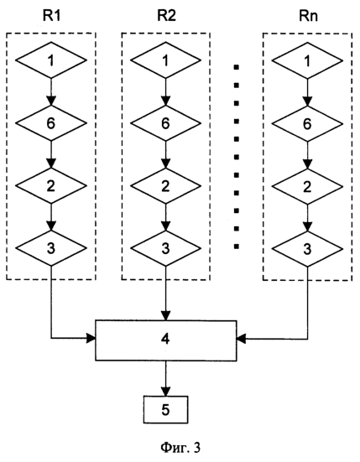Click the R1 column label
tap(51, 16)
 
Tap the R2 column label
tap(166, 16)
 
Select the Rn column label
tap(308, 16)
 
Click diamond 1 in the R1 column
tap(51, 60)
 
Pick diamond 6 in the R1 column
tap(51, 123)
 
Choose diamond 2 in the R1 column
tap(51, 185)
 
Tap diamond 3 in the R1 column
tap(51, 248)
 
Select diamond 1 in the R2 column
tap(165, 60)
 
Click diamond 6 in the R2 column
tap(165, 123)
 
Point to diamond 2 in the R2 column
tap(165, 185)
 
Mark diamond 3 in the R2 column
tap(165, 248)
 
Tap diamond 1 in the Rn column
tap(307, 61)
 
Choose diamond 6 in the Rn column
tap(307, 124)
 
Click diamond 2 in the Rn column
tap(307, 186)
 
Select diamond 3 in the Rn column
tap(307, 249)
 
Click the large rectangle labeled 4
tap(165, 340)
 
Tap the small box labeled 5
tap(165, 409)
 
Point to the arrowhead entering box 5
tap(165, 392)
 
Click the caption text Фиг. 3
tap(180, 448)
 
